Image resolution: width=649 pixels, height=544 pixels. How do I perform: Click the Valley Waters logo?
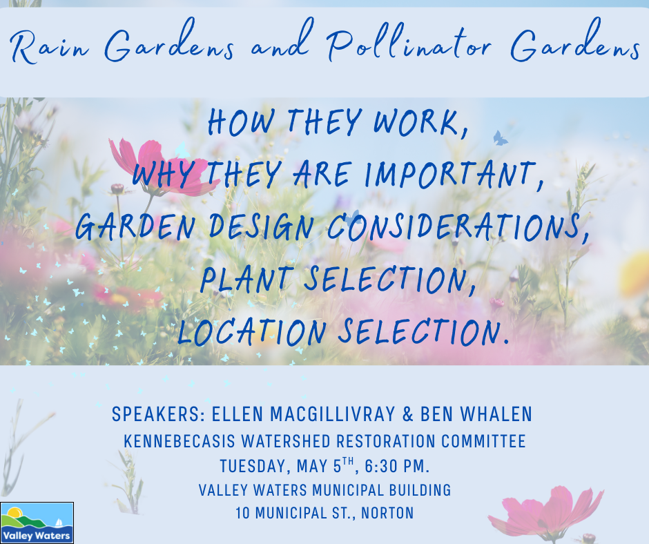(x=37, y=523)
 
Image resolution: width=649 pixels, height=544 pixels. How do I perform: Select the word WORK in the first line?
(x=419, y=122)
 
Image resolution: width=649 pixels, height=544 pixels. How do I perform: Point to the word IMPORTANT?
(x=453, y=174)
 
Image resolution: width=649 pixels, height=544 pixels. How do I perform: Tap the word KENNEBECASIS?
(x=180, y=441)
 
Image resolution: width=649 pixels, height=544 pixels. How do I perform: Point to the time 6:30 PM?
(x=397, y=466)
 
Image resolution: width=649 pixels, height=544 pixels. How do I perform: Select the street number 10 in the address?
(x=242, y=514)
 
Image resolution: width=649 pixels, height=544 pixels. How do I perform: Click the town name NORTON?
(x=387, y=514)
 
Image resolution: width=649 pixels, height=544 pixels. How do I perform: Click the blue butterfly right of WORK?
(x=500, y=138)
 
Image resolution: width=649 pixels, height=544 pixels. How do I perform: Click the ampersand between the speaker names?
(x=407, y=414)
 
